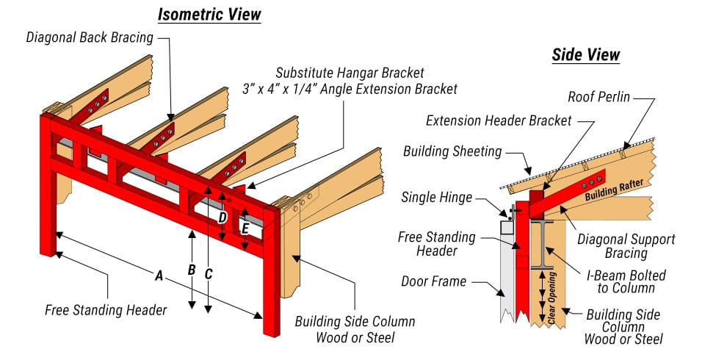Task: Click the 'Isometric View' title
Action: coord(209,14)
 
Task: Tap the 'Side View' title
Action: coord(585,55)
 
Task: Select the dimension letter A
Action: coord(158,276)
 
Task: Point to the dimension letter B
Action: coord(192,270)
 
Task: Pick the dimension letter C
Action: coord(209,274)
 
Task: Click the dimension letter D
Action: coord(222,217)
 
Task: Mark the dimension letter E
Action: coord(245,228)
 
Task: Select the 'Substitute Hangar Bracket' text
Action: coord(350,73)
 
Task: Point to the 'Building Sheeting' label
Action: coord(452,151)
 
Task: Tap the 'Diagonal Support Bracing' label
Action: coord(626,246)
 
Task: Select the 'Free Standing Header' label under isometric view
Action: coord(106,309)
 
